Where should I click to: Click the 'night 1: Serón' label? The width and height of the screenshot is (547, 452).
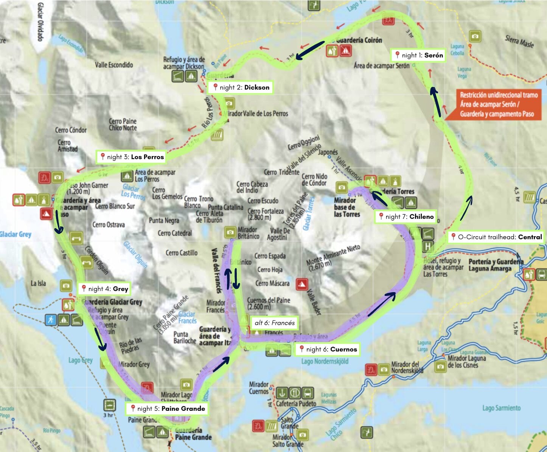[418, 55]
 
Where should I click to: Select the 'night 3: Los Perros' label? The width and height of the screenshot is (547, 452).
[132, 157]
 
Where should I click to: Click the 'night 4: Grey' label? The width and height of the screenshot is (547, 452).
[104, 289]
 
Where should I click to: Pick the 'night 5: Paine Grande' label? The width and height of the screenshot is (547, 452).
[167, 409]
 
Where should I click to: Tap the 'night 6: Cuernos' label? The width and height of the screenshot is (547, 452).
[328, 349]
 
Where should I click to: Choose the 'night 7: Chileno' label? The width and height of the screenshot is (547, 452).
[406, 217]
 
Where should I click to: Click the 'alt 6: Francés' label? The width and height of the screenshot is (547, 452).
[274, 323]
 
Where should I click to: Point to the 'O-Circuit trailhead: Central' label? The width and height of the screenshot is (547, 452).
[496, 237]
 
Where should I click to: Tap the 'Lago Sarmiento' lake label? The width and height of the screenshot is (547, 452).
[501, 408]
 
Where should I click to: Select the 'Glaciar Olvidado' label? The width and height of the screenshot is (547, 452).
[40, 22]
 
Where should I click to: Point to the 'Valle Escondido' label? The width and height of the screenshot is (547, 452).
[114, 65]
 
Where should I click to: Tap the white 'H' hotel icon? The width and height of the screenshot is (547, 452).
[427, 246]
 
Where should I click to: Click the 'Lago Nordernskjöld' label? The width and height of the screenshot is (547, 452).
[325, 361]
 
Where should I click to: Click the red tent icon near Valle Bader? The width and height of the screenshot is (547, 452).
[301, 283]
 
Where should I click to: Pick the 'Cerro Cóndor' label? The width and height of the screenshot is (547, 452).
[71, 130]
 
